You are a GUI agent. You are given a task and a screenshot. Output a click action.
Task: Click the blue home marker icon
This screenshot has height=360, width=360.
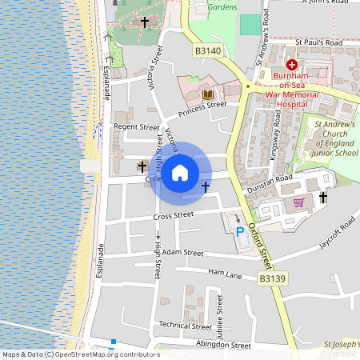point(180,172)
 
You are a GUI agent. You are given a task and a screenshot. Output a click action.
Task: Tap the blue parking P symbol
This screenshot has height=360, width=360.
point(239,231)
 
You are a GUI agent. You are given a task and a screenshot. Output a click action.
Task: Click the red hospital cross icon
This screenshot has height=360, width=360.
point(292,63)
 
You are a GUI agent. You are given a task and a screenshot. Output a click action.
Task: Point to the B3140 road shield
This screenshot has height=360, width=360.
point(206,50)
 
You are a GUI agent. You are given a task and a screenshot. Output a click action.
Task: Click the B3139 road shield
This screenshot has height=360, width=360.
point(270,278)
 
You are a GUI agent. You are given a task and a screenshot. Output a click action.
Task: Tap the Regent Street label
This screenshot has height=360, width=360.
point(137,126)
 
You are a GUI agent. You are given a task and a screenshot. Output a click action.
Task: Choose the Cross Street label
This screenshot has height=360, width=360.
point(174,214)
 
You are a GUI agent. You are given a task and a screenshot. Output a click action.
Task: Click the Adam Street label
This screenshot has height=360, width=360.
point(182,252)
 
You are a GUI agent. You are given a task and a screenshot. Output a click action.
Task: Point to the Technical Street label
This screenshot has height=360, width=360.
point(184,325)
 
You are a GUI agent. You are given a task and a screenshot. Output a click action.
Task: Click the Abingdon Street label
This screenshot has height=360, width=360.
point(224,345)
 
